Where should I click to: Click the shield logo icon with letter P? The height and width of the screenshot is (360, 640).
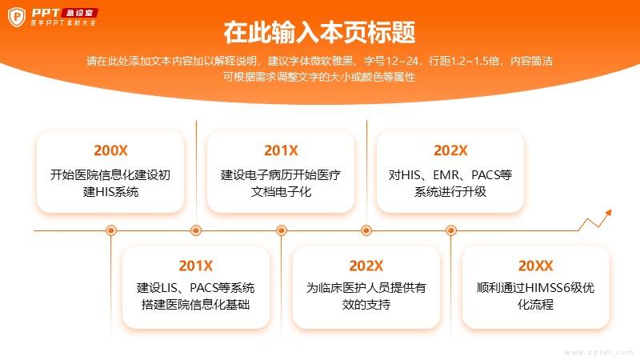(17, 17)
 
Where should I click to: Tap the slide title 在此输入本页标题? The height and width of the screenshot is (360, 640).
(319, 32)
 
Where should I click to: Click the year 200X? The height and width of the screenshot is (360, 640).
(110, 150)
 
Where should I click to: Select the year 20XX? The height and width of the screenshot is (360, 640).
(535, 266)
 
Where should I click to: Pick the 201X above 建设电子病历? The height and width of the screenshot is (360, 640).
(281, 150)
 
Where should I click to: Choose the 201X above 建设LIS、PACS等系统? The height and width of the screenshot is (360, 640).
(195, 266)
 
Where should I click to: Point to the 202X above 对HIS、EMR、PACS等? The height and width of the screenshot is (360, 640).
(450, 150)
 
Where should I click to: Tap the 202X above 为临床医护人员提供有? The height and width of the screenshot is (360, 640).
(366, 266)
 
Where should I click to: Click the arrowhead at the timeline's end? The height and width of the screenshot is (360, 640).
(609, 213)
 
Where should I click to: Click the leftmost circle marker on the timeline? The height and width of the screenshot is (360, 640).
(111, 230)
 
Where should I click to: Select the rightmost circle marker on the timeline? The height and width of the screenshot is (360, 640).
(451, 230)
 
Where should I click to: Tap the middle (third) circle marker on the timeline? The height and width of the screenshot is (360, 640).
(282, 230)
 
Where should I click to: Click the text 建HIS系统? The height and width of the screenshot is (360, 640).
(110, 191)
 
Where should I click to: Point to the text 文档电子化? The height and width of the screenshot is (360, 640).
(281, 191)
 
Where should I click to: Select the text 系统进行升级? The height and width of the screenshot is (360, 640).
(450, 191)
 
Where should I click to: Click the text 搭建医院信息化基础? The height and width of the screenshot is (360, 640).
(195, 305)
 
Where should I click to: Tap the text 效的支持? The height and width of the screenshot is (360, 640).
(366, 305)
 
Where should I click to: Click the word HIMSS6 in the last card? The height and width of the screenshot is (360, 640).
(547, 288)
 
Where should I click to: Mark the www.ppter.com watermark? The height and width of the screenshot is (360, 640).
(598, 352)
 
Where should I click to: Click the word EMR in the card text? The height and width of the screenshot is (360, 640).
(446, 175)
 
